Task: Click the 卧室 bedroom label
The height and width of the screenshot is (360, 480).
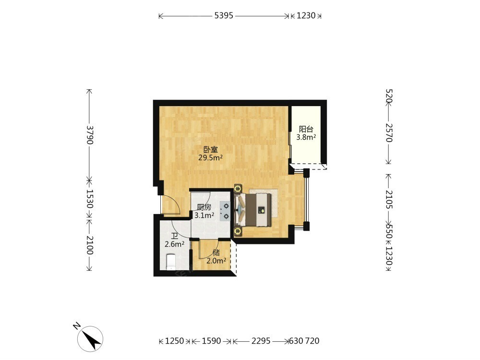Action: pos(211,150)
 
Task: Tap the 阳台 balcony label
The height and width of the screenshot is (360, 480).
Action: pos(306,129)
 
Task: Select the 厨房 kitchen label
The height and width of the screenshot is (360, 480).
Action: pos(204,207)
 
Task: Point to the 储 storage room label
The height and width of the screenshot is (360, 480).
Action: pos(216,253)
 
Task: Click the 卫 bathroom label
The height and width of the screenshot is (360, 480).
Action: pos(175,236)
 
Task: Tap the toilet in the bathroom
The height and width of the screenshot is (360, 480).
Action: pos(171,262)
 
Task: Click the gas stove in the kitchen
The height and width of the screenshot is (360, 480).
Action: pos(225,211)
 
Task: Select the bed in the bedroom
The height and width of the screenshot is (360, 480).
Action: pos(253,210)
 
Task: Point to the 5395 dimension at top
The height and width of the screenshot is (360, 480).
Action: pos(224,16)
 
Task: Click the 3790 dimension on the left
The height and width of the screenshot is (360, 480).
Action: pos(90,135)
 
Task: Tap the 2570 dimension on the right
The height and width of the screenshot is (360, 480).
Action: pos(389,133)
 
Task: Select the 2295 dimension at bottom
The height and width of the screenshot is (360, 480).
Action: pos(261,341)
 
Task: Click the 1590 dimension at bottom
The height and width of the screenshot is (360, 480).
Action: pos(211,341)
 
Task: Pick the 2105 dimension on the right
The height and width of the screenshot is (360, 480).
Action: pos(389,200)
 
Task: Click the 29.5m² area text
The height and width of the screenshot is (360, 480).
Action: pos(210,157)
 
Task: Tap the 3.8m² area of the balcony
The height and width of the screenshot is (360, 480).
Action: pos(306,137)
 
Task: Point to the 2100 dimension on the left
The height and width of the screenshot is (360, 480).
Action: pos(90,245)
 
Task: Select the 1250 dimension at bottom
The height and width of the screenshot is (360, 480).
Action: pos(175,341)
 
